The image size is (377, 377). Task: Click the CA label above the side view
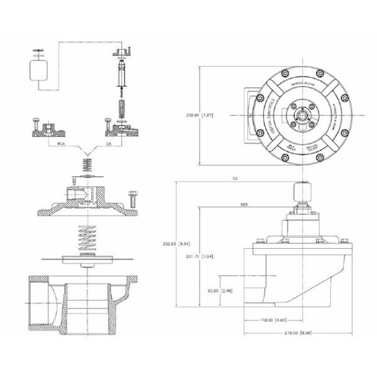pos(234,179)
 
